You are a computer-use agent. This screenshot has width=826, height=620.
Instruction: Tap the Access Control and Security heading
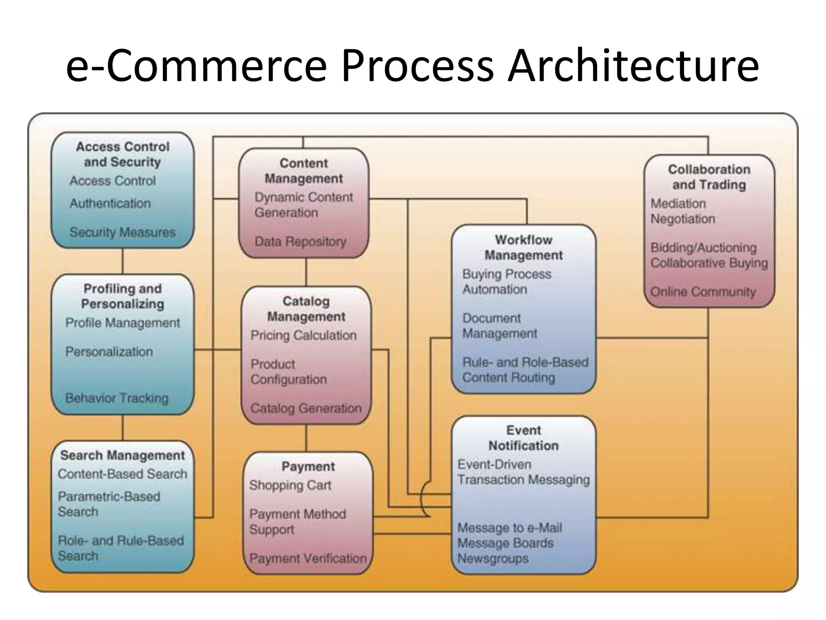click(123, 154)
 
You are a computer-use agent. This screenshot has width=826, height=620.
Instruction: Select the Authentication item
click(110, 203)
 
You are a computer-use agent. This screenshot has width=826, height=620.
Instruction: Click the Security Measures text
click(123, 232)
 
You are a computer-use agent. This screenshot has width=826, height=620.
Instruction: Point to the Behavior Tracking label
click(117, 398)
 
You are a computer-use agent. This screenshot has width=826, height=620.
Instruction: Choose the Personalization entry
click(109, 352)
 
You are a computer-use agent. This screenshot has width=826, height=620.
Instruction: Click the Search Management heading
click(123, 455)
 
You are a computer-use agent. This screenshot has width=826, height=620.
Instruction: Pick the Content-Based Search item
click(123, 474)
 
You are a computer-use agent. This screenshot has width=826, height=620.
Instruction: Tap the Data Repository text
click(300, 241)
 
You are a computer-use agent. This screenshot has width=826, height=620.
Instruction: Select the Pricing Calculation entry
click(303, 335)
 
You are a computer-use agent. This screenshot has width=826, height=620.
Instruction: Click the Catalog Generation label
click(306, 408)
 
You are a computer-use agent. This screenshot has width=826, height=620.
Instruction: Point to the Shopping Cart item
click(290, 485)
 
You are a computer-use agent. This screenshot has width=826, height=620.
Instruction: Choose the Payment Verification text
click(308, 558)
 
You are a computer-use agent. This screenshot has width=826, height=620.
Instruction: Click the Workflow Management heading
click(524, 247)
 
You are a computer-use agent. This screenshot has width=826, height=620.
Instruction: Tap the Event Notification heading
click(524, 438)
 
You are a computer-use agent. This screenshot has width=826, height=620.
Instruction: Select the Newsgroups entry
click(493, 559)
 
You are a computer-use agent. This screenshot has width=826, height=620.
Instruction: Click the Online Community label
click(703, 291)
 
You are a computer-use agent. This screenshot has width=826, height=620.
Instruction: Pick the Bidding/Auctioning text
click(703, 247)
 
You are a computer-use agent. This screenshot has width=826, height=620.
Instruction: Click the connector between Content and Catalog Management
click(306, 272)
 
